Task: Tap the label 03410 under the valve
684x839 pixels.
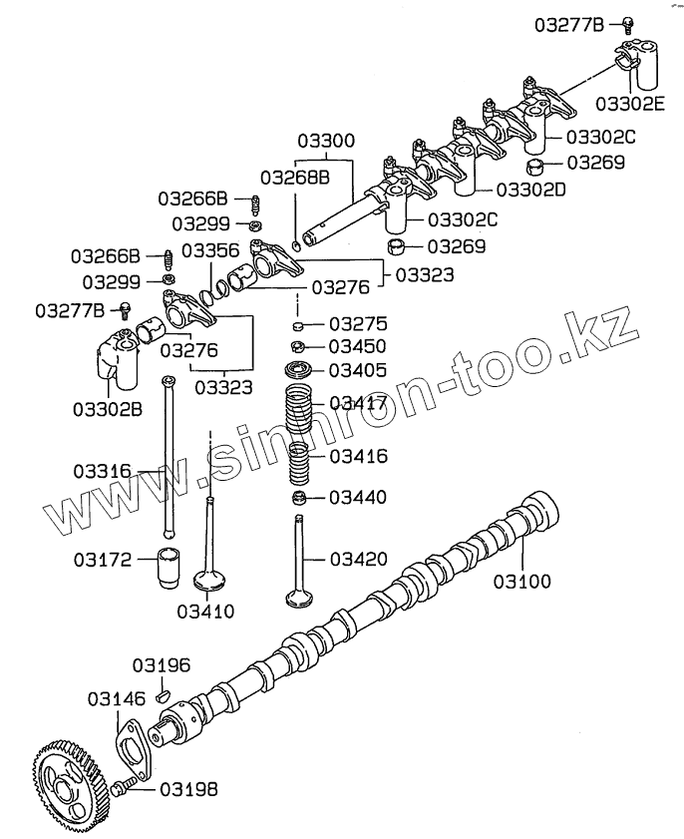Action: coord(206,610)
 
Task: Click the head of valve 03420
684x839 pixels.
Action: coord(297,598)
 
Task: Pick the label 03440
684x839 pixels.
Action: coord(358,497)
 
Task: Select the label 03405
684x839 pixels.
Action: coord(358,371)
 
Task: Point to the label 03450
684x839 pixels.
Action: coord(358,347)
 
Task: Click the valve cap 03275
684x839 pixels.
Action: coord(297,325)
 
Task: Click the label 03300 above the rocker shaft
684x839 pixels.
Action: coord(324,142)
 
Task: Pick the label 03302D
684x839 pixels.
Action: coord(529,189)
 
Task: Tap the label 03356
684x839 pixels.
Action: coord(209,250)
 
